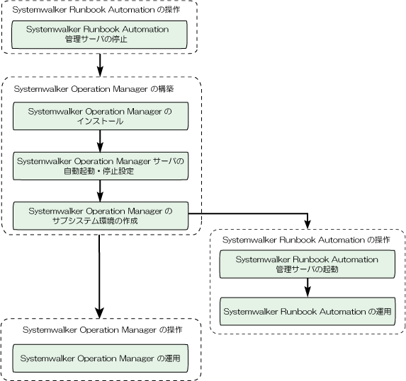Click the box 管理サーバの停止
99,35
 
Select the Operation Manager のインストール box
101,116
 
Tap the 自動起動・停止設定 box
101,166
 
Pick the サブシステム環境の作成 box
101,216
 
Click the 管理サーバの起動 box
308,264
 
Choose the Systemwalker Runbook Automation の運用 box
308,311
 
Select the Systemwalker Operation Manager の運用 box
101,358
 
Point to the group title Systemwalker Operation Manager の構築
94,89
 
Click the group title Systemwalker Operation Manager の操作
103,330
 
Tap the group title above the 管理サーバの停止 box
96,10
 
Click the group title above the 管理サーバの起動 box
306,240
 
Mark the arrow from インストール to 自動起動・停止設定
100,141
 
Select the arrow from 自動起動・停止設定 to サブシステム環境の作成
100,191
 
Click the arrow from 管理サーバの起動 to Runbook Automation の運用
308,288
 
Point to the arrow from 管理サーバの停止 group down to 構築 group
100,65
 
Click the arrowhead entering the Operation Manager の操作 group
99,313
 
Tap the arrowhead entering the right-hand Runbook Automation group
308,225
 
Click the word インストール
100,121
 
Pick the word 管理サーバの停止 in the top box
96,40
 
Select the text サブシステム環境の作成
95,221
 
